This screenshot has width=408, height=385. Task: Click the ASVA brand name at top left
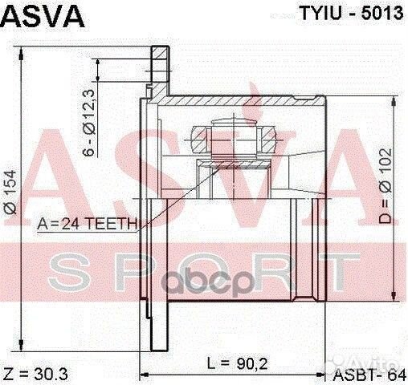(39, 16)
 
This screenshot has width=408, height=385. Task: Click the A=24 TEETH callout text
(88, 225)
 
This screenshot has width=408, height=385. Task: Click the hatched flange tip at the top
(159, 61)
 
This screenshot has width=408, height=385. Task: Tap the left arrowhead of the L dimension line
(145, 374)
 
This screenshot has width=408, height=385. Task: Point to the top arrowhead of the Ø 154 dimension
(27, 53)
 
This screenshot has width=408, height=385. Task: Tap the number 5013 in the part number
(381, 15)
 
